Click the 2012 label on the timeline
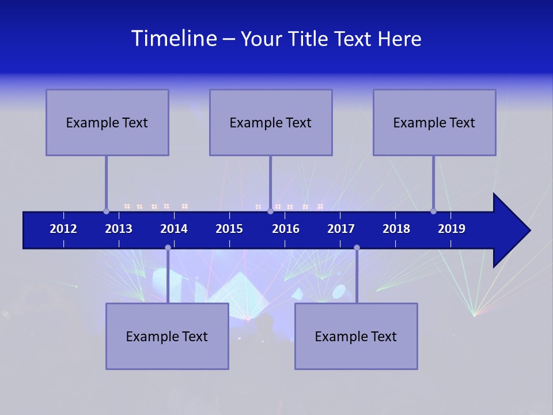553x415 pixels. tap(63, 229)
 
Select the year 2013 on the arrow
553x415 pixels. tap(119, 229)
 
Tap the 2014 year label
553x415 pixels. tap(174, 229)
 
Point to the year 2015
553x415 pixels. tap(229, 229)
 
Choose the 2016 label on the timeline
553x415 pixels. tap(286, 229)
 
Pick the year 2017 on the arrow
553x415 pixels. tap(341, 229)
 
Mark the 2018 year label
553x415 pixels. tap(396, 229)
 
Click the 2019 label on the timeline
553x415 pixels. tap(452, 229)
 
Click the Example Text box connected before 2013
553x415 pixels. tap(107, 122)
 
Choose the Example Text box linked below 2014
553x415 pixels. tap(167, 336)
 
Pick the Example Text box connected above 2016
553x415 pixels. tap(271, 122)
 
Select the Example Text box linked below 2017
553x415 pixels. tap(356, 336)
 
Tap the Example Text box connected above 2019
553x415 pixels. tap(434, 122)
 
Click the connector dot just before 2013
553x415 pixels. tap(106, 211)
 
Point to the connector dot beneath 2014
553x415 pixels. tap(168, 247)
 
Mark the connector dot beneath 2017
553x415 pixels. tap(357, 247)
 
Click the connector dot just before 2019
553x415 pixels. tap(433, 211)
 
